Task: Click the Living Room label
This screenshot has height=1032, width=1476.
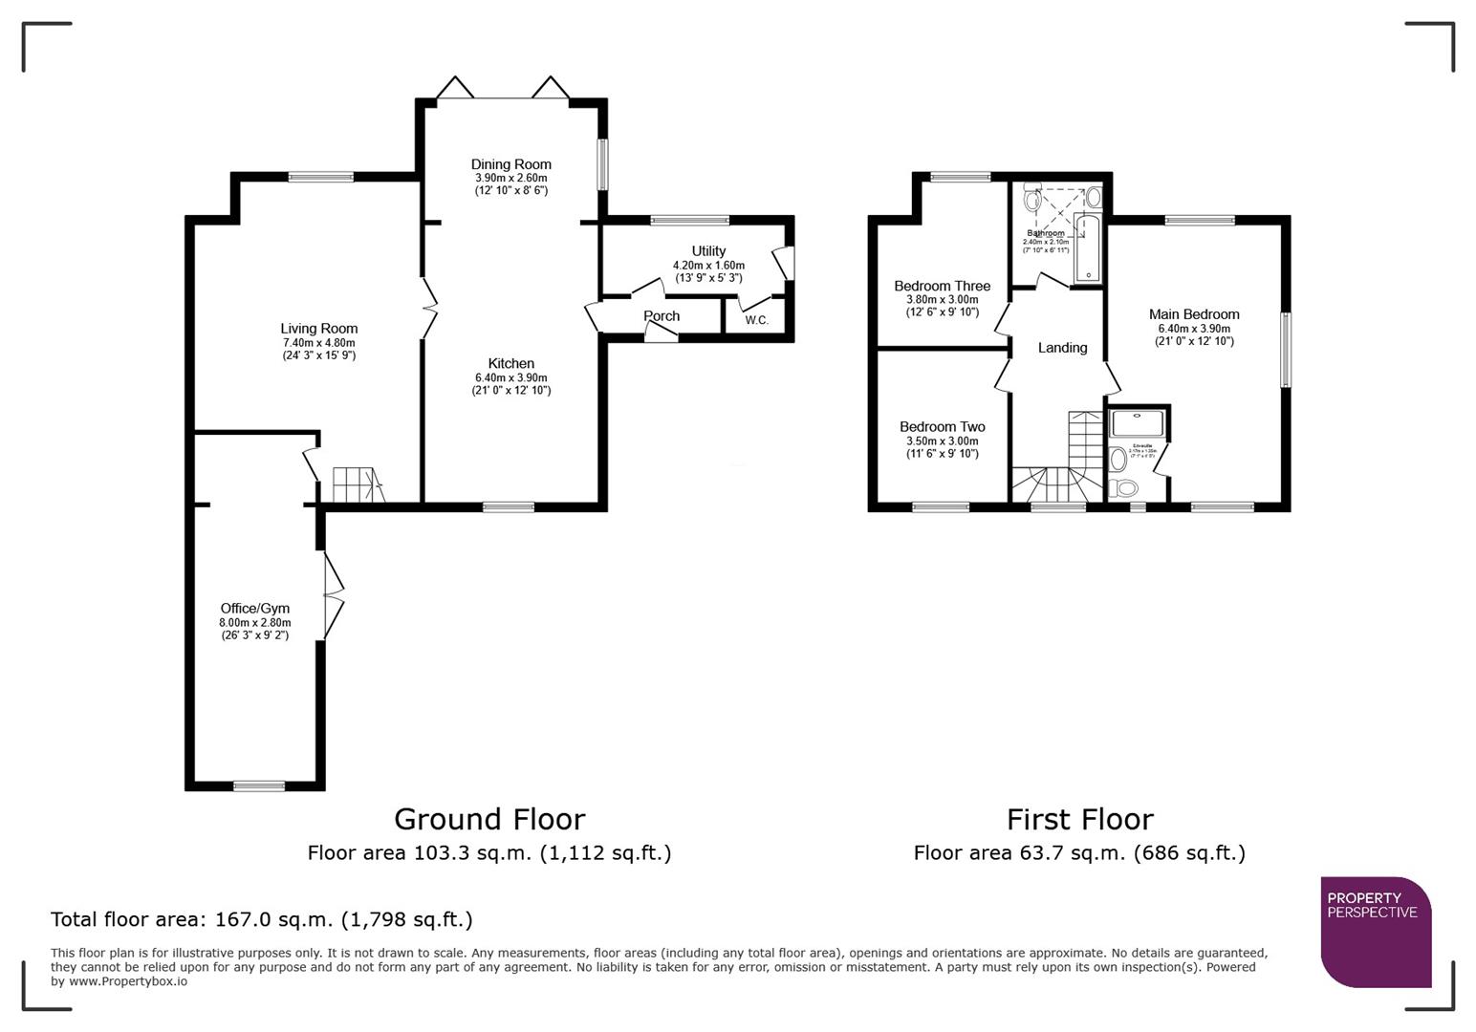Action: [318, 329]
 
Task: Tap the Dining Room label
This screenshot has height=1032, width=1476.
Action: [510, 164]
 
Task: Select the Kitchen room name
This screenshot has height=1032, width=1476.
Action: [510, 363]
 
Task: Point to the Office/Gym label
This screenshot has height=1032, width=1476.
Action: [254, 609]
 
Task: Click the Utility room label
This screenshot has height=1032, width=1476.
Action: [708, 251]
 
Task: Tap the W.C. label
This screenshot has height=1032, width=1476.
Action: [756, 320]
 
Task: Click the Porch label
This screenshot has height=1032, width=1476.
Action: [662, 316]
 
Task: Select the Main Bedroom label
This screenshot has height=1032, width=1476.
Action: [1194, 314]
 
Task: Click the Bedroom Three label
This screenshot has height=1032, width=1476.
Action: [942, 286]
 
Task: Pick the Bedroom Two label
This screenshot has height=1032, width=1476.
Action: [942, 427]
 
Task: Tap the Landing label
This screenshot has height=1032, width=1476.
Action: [1062, 348]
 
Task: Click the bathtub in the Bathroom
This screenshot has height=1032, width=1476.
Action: [1088, 249]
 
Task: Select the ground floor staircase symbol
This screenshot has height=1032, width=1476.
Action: [356, 484]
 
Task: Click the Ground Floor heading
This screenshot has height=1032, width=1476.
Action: [488, 819]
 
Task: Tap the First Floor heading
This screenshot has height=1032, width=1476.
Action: [1079, 819]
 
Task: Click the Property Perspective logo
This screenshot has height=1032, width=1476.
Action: [1375, 931]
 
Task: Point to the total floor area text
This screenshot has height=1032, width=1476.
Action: [261, 919]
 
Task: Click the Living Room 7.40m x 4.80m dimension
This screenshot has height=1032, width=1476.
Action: [318, 343]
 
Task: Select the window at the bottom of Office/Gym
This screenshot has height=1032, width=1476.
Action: [259, 786]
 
